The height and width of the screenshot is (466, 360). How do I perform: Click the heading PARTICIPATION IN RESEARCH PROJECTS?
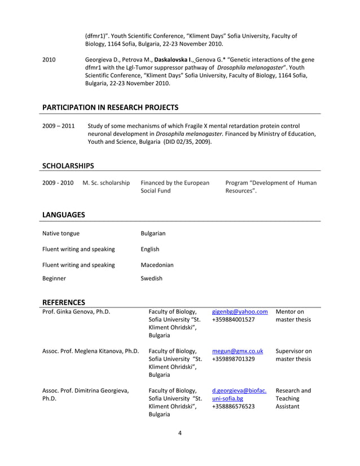[110, 107]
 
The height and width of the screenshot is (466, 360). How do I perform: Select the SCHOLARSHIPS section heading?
[68, 165]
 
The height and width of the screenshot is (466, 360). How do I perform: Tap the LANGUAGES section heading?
[64, 214]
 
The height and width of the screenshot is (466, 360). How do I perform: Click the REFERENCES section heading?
[64, 302]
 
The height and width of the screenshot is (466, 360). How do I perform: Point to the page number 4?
[179, 433]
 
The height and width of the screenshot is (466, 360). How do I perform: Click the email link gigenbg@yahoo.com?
[240, 311]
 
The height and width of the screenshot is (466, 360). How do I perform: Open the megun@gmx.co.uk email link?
[234, 351]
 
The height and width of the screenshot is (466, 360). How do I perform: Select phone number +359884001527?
[233, 320]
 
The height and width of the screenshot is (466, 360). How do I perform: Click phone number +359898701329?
[233, 359]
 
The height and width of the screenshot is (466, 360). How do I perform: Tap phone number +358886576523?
[233, 406]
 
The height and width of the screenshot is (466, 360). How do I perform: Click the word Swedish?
[151, 278]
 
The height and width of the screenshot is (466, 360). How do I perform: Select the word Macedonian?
[157, 265]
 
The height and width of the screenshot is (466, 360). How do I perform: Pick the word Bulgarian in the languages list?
[153, 234]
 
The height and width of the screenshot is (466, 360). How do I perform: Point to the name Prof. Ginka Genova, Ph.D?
[76, 311]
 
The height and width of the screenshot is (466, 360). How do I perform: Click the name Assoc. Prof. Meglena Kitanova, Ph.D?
[90, 351]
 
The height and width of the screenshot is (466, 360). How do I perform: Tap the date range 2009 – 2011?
[58, 126]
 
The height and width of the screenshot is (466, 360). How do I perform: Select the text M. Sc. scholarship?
[106, 183]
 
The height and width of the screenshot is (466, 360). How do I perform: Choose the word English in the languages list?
[150, 249]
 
